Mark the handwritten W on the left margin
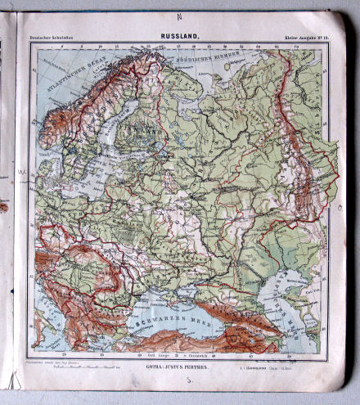(22, 173)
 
